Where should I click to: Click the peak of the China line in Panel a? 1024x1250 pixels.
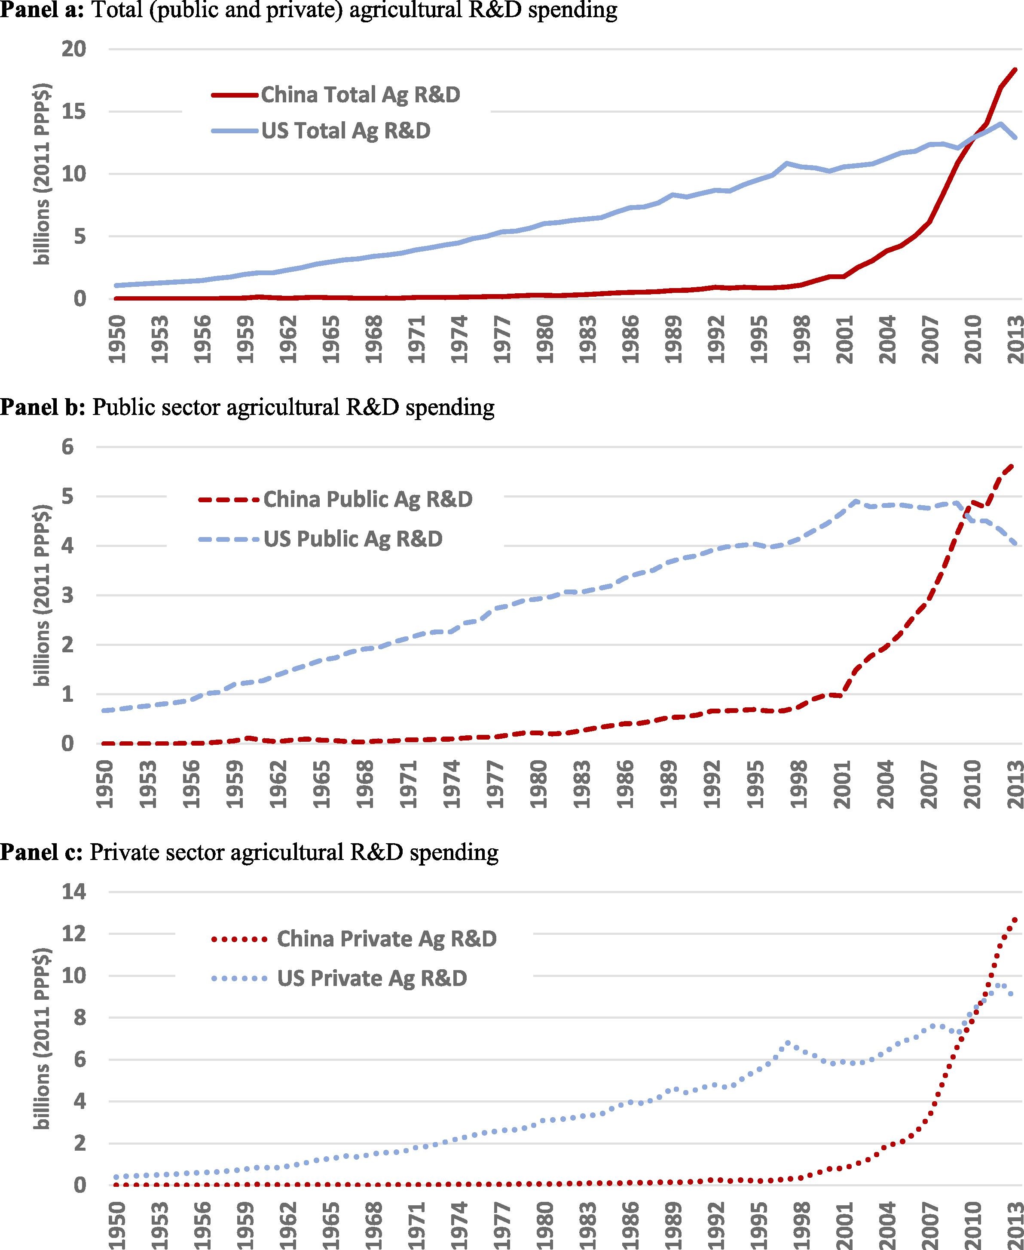tap(1015, 70)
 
